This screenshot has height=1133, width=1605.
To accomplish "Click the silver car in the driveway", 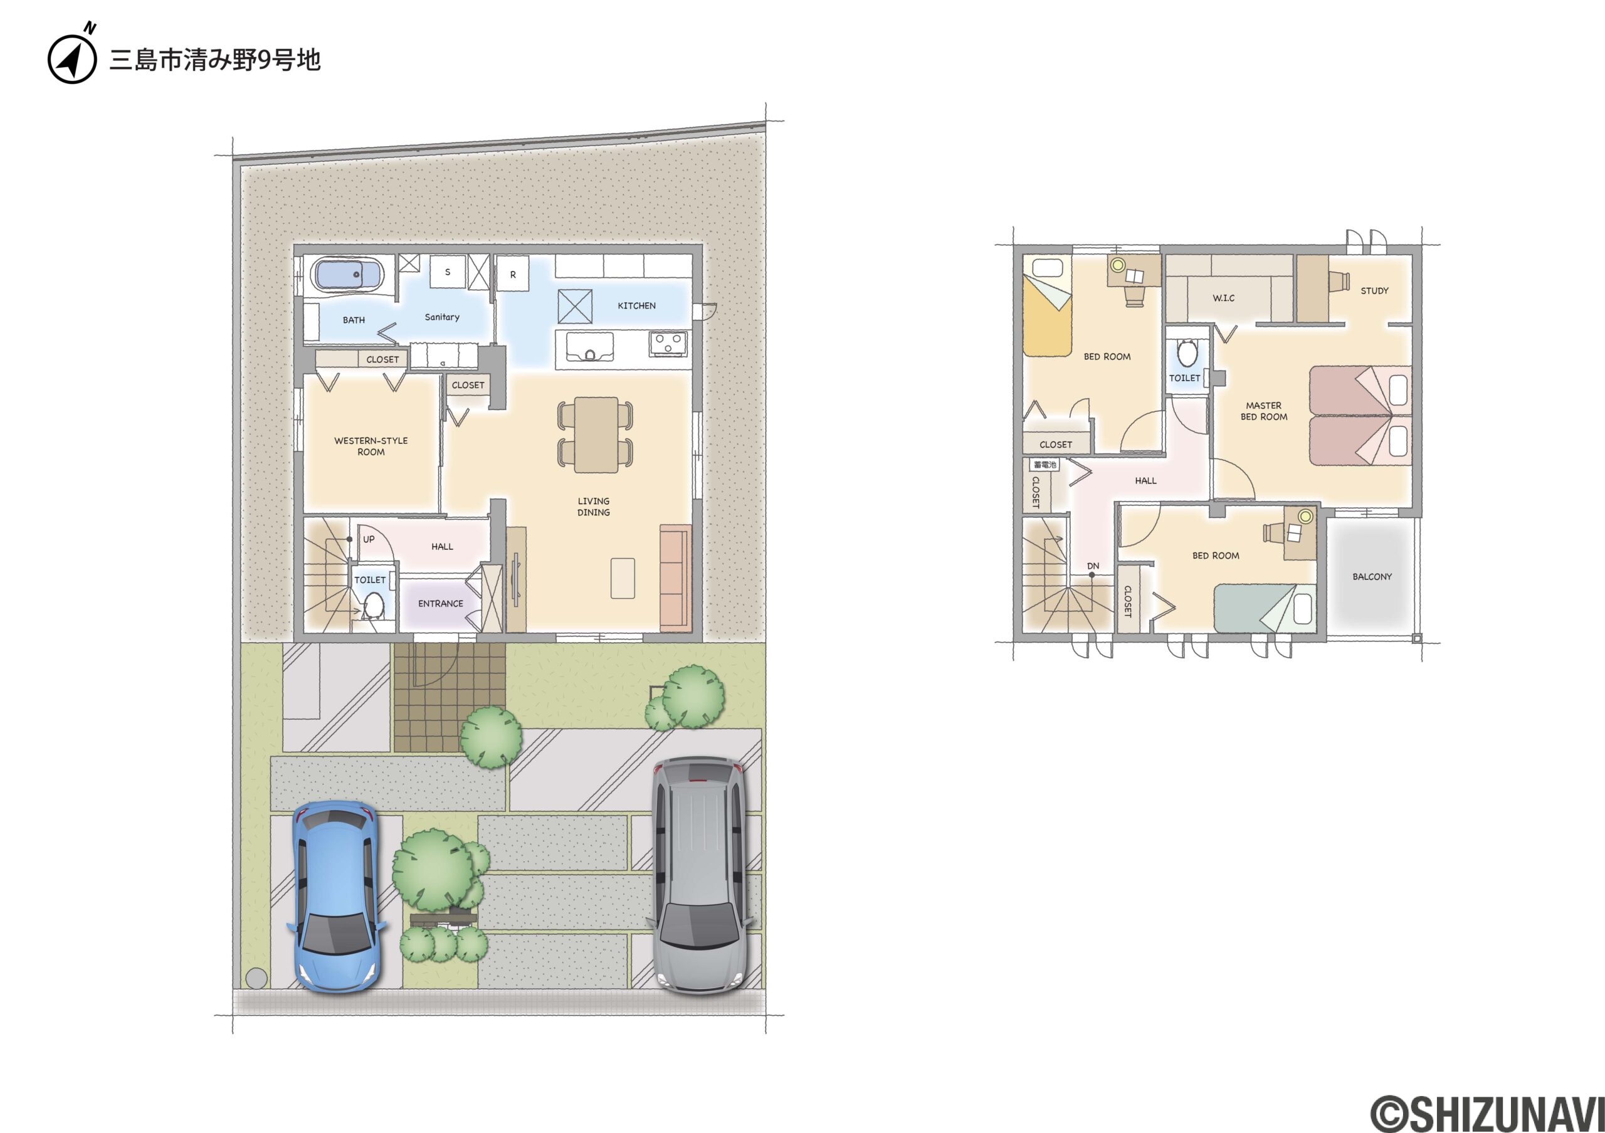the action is pyautogui.click(x=700, y=875).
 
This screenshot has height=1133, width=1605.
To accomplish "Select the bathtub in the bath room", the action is pyautogui.click(x=347, y=275).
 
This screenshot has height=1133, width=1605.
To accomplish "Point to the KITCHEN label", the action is pyautogui.click(x=636, y=305).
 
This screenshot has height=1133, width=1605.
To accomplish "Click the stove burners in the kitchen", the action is pyautogui.click(x=668, y=343).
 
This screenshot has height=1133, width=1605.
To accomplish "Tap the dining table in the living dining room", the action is pyautogui.click(x=596, y=434).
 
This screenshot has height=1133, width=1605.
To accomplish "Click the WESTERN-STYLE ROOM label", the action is pyautogui.click(x=371, y=446).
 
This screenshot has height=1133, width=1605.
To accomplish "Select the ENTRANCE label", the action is pyautogui.click(x=440, y=603).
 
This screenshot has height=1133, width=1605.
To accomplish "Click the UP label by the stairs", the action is pyautogui.click(x=369, y=539).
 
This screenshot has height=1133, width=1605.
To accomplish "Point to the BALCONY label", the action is pyautogui.click(x=1372, y=577).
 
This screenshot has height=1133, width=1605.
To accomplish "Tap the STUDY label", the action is pyautogui.click(x=1374, y=291).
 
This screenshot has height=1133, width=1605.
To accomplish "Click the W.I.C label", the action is pyautogui.click(x=1223, y=298).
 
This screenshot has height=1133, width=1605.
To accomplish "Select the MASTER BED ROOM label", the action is pyautogui.click(x=1264, y=411).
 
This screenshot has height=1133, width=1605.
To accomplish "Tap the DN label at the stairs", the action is pyautogui.click(x=1093, y=566).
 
